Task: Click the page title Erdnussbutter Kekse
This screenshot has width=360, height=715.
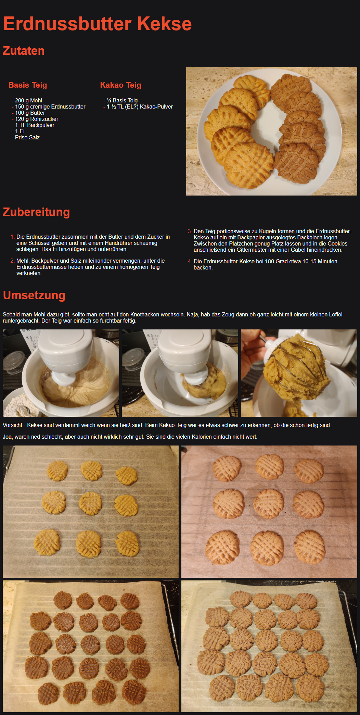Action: click(98, 24)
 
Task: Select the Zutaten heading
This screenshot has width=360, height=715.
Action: click(24, 51)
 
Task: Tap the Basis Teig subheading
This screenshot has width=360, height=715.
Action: click(28, 85)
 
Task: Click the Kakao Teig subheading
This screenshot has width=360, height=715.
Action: click(120, 85)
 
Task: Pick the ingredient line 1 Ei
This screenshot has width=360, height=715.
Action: click(20, 131)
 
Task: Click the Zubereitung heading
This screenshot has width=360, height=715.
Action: click(36, 212)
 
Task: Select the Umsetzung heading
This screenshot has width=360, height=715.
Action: click(34, 295)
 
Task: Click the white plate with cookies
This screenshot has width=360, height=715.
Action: click(271, 131)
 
